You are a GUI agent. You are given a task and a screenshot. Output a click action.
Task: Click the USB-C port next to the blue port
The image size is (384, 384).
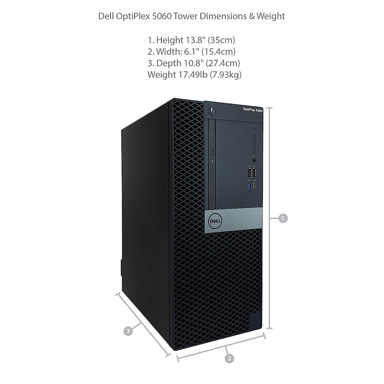pos(254,186)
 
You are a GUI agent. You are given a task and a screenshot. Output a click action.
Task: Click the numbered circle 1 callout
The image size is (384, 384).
pos(283,219)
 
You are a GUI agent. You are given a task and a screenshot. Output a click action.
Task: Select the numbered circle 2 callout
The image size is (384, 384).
pos(229,358)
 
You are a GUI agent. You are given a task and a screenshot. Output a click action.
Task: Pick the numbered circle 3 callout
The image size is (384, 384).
pos(128,331)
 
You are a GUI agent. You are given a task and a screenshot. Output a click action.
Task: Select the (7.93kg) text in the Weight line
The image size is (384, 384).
pos(226,75)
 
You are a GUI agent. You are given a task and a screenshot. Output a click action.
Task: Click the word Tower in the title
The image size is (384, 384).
pos(186,16)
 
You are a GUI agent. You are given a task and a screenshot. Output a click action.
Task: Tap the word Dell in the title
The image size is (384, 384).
pos(106,16)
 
